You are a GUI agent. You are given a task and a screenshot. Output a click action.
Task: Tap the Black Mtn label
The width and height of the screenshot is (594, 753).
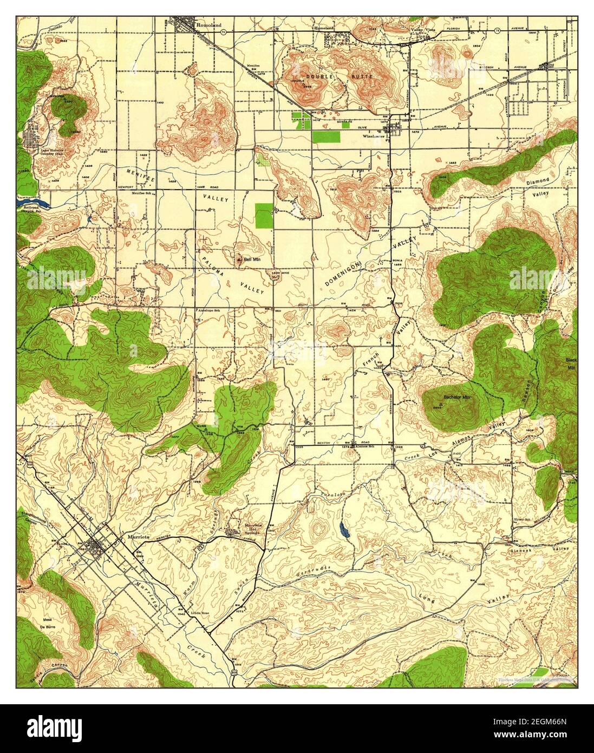[x=570, y=363]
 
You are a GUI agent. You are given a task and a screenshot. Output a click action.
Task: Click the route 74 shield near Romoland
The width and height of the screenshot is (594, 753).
[x=224, y=32]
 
